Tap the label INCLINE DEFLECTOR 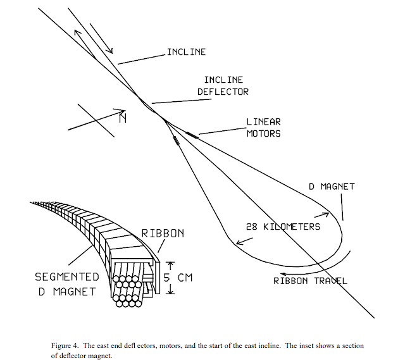[x=226, y=86]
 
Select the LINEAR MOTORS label [x=263, y=127]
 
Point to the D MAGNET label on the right [x=331, y=187]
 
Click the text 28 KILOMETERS [x=283, y=227]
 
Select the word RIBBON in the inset [x=163, y=233]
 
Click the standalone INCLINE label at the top [x=186, y=52]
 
